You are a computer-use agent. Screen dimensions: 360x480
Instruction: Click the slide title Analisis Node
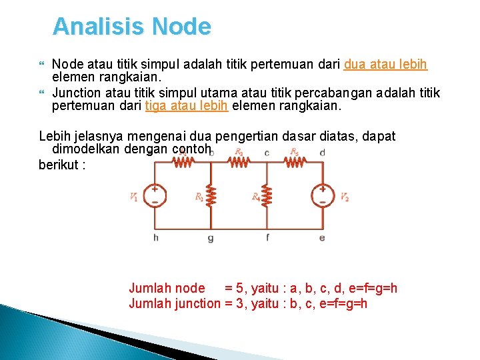tap(131, 27)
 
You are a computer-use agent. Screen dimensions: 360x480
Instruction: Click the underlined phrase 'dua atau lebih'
tap(385, 65)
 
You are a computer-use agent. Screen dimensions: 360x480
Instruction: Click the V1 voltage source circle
tap(155, 195)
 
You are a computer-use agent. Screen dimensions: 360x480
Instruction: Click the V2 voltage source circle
tap(323, 195)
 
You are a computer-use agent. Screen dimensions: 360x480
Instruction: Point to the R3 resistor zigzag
tap(239, 161)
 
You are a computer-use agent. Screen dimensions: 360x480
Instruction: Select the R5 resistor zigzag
tap(295, 161)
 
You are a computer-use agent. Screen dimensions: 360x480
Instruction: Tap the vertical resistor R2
tap(211, 196)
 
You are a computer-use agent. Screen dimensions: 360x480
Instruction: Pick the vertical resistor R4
tap(267, 196)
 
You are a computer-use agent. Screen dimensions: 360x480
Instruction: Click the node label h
tap(155, 237)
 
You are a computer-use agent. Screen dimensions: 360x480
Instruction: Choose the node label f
tap(267, 237)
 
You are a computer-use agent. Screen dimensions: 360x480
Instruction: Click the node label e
tap(323, 237)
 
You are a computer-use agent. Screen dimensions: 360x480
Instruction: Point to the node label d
tap(323, 153)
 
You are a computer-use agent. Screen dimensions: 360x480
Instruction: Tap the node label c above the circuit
tap(267, 153)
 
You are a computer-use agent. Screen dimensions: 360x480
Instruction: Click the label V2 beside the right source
tap(344, 197)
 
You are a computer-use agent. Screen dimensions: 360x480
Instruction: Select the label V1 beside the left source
tap(135, 197)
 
